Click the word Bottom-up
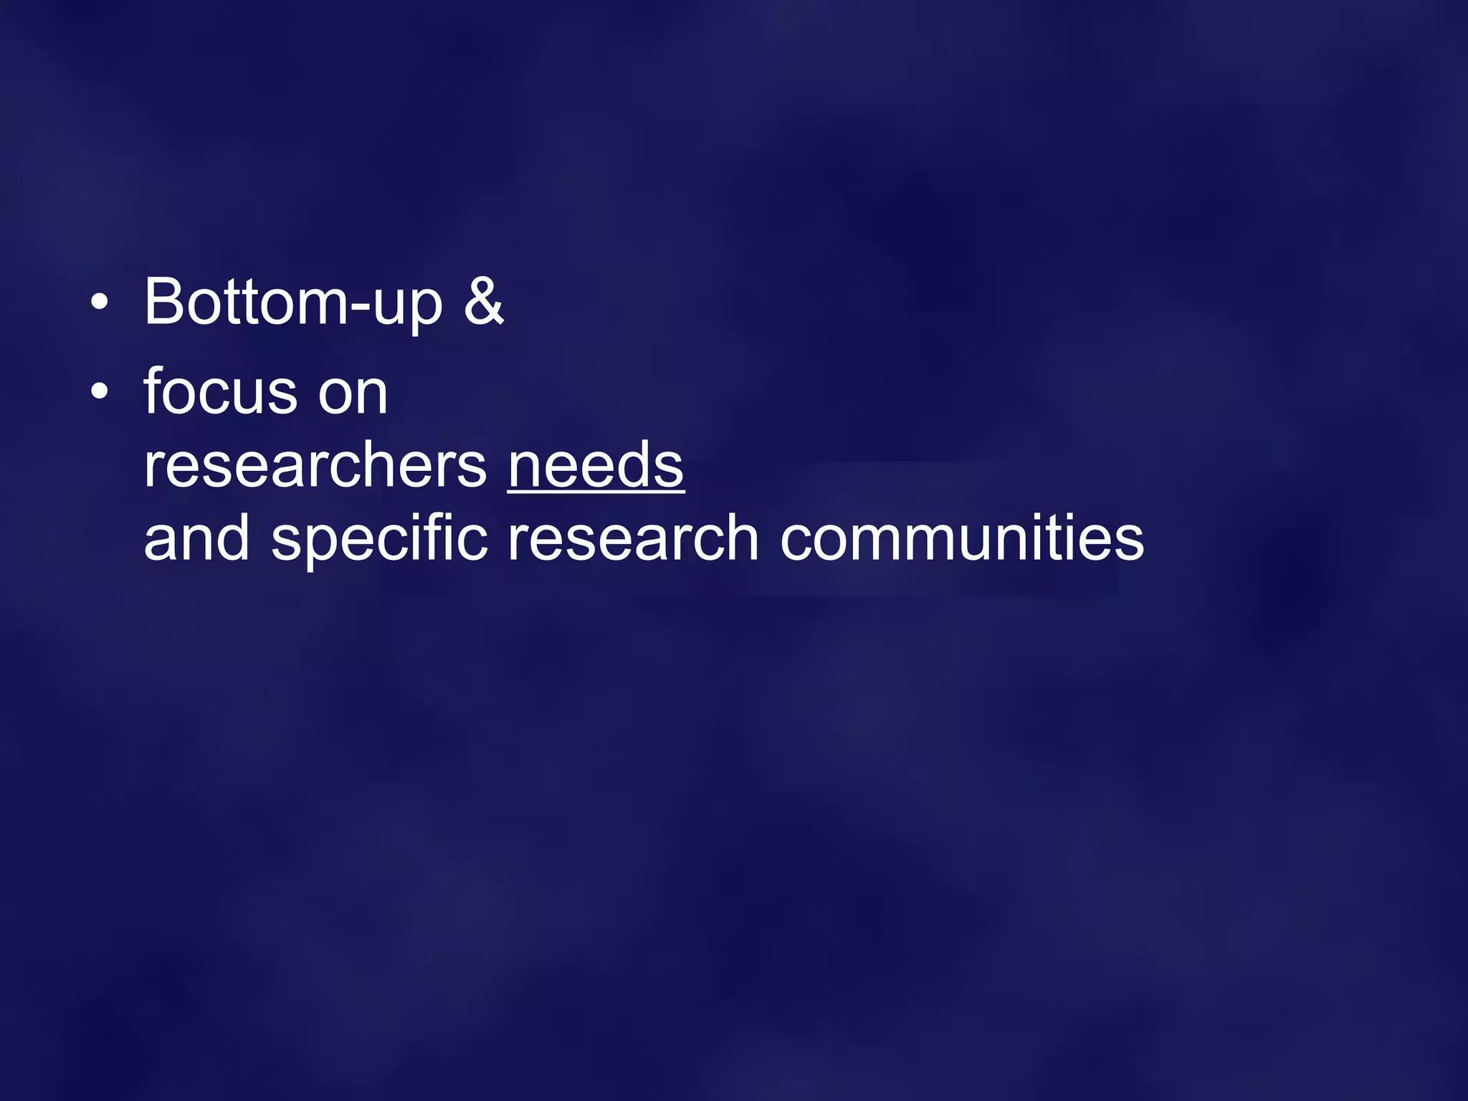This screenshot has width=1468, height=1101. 293,302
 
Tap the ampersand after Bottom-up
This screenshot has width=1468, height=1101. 484,301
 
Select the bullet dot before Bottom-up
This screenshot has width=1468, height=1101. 100,302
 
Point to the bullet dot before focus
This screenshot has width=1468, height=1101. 100,391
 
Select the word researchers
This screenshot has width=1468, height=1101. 315,467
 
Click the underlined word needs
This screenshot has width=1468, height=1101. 596,466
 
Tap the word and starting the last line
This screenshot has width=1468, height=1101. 196,539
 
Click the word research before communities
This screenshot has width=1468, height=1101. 632,539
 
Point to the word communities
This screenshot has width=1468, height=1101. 962,539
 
